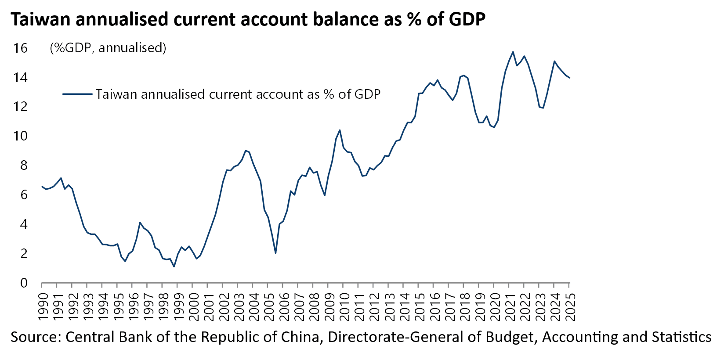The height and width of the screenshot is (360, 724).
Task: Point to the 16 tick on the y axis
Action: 20,48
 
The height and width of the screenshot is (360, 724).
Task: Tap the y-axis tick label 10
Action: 20,136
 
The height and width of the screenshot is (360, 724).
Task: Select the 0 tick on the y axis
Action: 24,283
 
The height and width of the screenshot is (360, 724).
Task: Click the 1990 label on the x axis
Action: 42,304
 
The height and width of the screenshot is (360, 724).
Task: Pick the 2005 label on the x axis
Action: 268,304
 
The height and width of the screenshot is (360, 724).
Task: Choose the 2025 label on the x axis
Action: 570,304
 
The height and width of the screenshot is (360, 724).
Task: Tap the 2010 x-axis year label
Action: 344,304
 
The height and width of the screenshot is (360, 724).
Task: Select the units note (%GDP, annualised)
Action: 108,48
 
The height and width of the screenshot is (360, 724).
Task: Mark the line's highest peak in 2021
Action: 513,52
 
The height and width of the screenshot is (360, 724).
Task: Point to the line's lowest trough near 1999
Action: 174,266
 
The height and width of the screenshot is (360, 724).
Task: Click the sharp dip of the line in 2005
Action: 275,253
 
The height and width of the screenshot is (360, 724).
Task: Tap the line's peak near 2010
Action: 340,130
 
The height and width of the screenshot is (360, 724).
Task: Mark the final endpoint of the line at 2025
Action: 570,78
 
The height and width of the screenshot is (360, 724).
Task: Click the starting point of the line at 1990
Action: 42,187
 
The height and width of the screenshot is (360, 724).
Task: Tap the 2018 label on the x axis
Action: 464,304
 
